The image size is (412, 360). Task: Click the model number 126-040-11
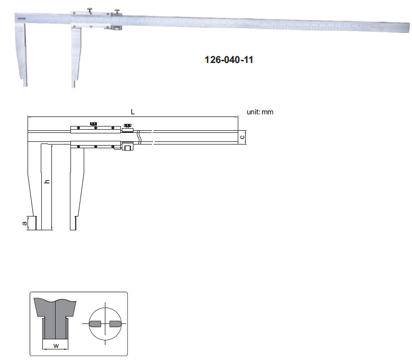[229, 60]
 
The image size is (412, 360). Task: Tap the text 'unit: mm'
[260, 112]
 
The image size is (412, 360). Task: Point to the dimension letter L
[133, 112]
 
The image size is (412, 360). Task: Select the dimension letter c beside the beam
[242, 137]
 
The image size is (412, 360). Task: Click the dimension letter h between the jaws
[47, 181]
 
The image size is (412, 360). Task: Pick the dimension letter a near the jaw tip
[24, 223]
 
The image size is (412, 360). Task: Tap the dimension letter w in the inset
[56, 346]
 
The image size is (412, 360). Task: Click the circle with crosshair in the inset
[105, 324]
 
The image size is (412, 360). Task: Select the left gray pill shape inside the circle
[95, 324]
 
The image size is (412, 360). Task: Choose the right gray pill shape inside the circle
[115, 324]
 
